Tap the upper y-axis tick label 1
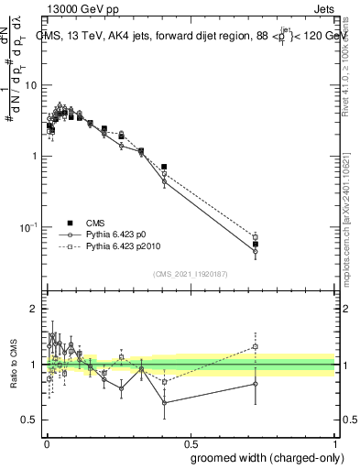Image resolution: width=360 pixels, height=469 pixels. tap(34, 156)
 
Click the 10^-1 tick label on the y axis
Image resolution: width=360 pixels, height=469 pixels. tap(29, 226)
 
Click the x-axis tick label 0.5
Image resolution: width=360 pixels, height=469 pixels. tap(190, 442)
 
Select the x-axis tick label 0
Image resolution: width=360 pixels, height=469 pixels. tap(46, 442)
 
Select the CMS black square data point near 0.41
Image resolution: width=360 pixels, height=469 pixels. tap(164, 168)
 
